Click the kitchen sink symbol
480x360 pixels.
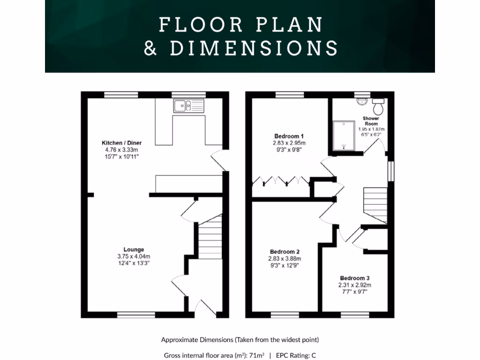tap(188, 106)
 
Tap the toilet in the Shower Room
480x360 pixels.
tap(378, 106)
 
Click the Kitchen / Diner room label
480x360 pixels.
tap(122, 142)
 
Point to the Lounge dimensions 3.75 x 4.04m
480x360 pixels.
tap(134, 256)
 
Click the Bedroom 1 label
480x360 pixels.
tap(286, 136)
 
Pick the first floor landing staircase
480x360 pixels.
tap(376, 204)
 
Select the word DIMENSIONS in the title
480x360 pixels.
tap(254, 48)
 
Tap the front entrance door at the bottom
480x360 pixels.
tap(202, 307)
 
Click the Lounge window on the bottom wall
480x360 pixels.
tap(136, 315)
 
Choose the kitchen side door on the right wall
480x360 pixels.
tap(218, 161)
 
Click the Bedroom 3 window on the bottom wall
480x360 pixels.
tap(355, 315)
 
